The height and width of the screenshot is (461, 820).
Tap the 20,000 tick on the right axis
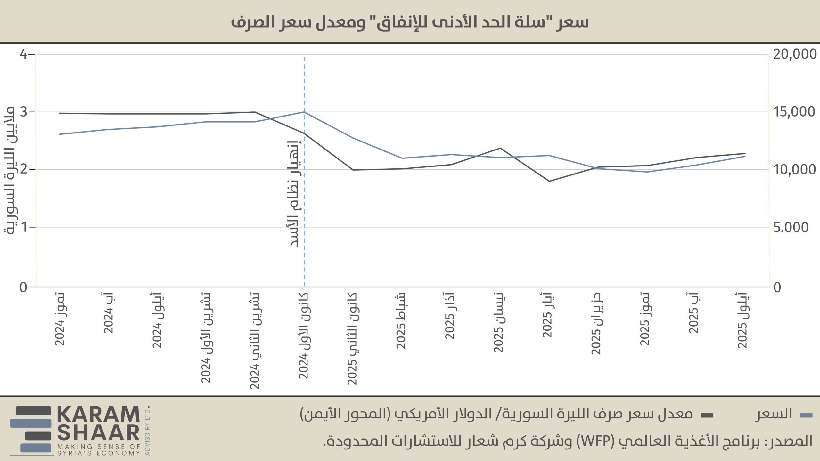pyautogui.click(x=795, y=54)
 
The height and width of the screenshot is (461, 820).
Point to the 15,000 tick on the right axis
pyautogui.click(x=794, y=112)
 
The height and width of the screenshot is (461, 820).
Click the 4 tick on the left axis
pyautogui.click(x=24, y=54)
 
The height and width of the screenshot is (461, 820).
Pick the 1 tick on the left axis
pyautogui.click(x=24, y=228)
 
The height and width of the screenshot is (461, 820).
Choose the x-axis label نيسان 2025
pyautogui.click(x=498, y=322)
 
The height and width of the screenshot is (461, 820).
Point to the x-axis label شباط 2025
pyautogui.click(x=401, y=320)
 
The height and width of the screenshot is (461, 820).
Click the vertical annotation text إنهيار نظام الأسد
pyautogui.click(x=294, y=194)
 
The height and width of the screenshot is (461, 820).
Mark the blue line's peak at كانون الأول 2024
pyautogui.click(x=304, y=112)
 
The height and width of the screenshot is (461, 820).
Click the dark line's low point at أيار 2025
pyautogui.click(x=549, y=181)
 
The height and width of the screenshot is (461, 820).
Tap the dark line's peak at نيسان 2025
pyautogui.click(x=500, y=148)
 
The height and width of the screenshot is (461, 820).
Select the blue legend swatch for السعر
pyautogui.click(x=806, y=416)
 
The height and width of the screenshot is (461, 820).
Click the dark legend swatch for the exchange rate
pyautogui.click(x=707, y=416)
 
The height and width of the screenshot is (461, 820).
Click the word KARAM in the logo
pyautogui.click(x=98, y=415)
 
